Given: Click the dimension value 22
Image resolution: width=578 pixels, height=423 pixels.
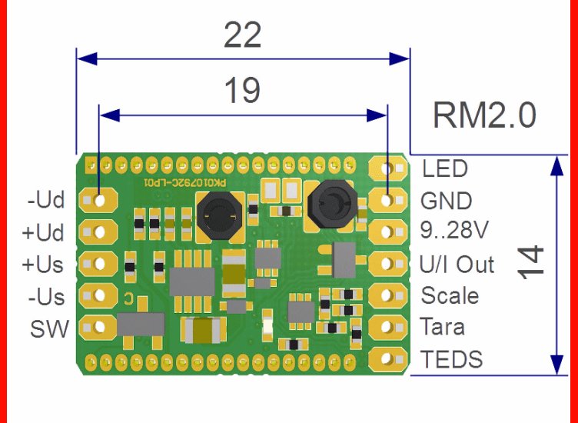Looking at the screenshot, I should [x=242, y=36].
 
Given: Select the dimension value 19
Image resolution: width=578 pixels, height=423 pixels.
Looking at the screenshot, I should [x=242, y=92].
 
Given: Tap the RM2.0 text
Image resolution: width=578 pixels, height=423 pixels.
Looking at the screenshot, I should [x=483, y=117].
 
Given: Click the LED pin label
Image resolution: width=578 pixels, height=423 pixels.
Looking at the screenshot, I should [x=445, y=168].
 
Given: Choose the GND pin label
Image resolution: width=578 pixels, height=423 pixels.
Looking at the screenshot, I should [x=446, y=201].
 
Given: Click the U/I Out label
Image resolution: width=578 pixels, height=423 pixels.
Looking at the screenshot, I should [x=457, y=265].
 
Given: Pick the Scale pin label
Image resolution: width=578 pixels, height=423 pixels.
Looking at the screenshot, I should [x=450, y=296].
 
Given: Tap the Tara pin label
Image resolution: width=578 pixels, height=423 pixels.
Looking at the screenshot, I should [x=443, y=327].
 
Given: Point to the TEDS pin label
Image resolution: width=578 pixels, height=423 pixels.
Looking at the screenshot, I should [x=452, y=359].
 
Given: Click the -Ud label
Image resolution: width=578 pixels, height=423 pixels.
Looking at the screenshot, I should [x=46, y=201].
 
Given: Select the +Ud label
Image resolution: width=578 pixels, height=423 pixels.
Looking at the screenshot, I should [x=45, y=232].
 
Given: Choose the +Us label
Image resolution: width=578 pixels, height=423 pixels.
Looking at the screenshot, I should [x=44, y=265].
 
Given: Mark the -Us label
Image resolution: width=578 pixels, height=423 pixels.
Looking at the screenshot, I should [x=46, y=296].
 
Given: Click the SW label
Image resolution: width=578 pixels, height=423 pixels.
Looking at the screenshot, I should [x=49, y=328].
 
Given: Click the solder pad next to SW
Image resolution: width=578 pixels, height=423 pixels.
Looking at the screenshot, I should [x=97, y=327].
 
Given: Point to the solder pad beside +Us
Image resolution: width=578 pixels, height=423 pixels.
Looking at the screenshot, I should [x=97, y=263].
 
